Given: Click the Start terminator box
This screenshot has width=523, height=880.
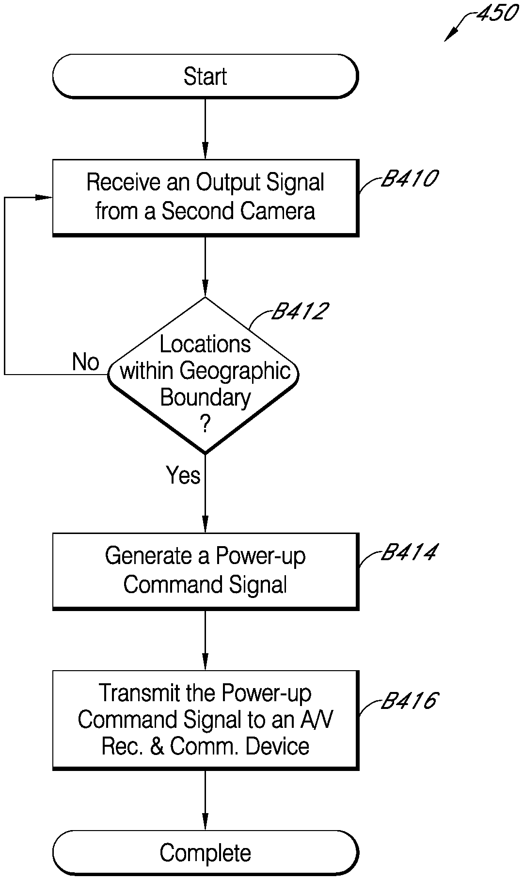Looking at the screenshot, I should [x=205, y=77].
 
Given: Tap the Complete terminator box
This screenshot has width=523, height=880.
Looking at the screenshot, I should [x=205, y=853].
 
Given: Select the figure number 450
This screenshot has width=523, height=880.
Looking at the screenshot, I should [x=497, y=14].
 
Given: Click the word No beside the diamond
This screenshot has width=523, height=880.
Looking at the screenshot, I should [x=86, y=362].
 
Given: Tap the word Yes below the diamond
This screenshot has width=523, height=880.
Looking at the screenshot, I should [x=183, y=475].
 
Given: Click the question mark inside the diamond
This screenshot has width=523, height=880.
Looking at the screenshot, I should [x=205, y=425].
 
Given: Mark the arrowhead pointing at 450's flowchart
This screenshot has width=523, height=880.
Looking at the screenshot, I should [x=449, y=37].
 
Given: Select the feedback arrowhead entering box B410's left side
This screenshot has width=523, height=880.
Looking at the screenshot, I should [x=46, y=197].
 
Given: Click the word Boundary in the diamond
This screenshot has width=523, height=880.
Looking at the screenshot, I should [x=205, y=398].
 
